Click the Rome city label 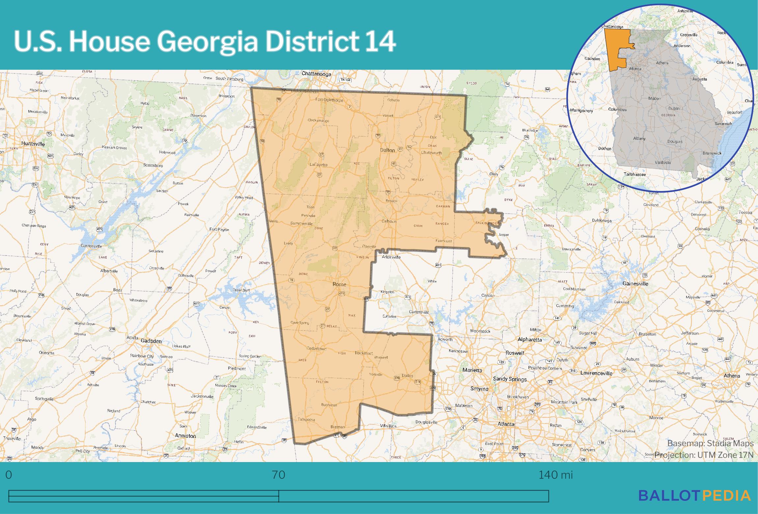coord(339,284)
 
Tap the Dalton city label coord(387,150)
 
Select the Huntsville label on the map coord(33,144)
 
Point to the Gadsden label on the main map coord(151,341)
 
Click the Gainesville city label coord(635,283)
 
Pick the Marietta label coord(472,370)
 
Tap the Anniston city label coord(185,436)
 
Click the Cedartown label coord(316,349)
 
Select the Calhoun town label coord(389,221)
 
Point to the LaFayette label coord(318,165)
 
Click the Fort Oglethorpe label coord(329,100)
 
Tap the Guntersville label coord(91,246)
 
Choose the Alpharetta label coord(529,340)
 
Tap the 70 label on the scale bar coord(279,475)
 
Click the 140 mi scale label coord(555,475)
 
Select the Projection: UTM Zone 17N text coord(704,455)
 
